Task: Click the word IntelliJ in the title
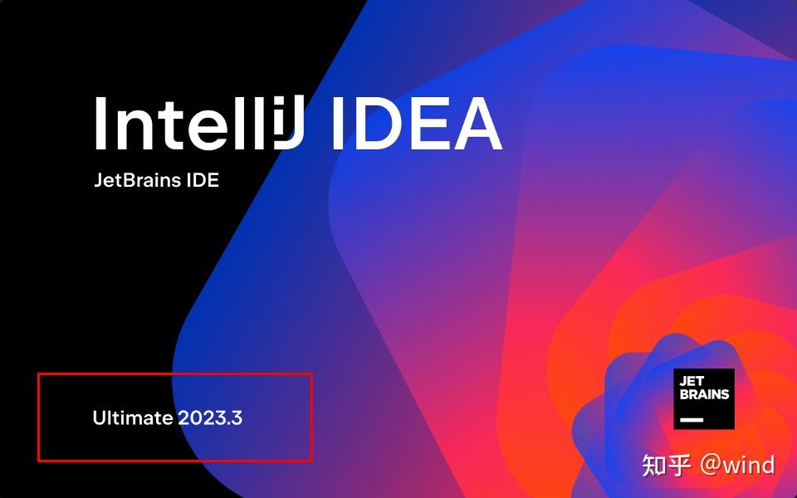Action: [x=199, y=124]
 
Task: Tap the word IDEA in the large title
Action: [x=415, y=124]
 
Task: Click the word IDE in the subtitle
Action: [x=203, y=180]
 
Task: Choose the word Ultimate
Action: [x=133, y=417]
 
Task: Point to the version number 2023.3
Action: [x=210, y=417]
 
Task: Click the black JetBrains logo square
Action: [x=704, y=399]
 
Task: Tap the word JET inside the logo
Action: [x=692, y=382]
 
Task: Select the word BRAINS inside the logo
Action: [x=704, y=394]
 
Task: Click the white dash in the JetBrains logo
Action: [x=692, y=420]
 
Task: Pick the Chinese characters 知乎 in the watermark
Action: [x=667, y=465]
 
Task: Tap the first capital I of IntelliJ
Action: [x=100, y=124]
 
